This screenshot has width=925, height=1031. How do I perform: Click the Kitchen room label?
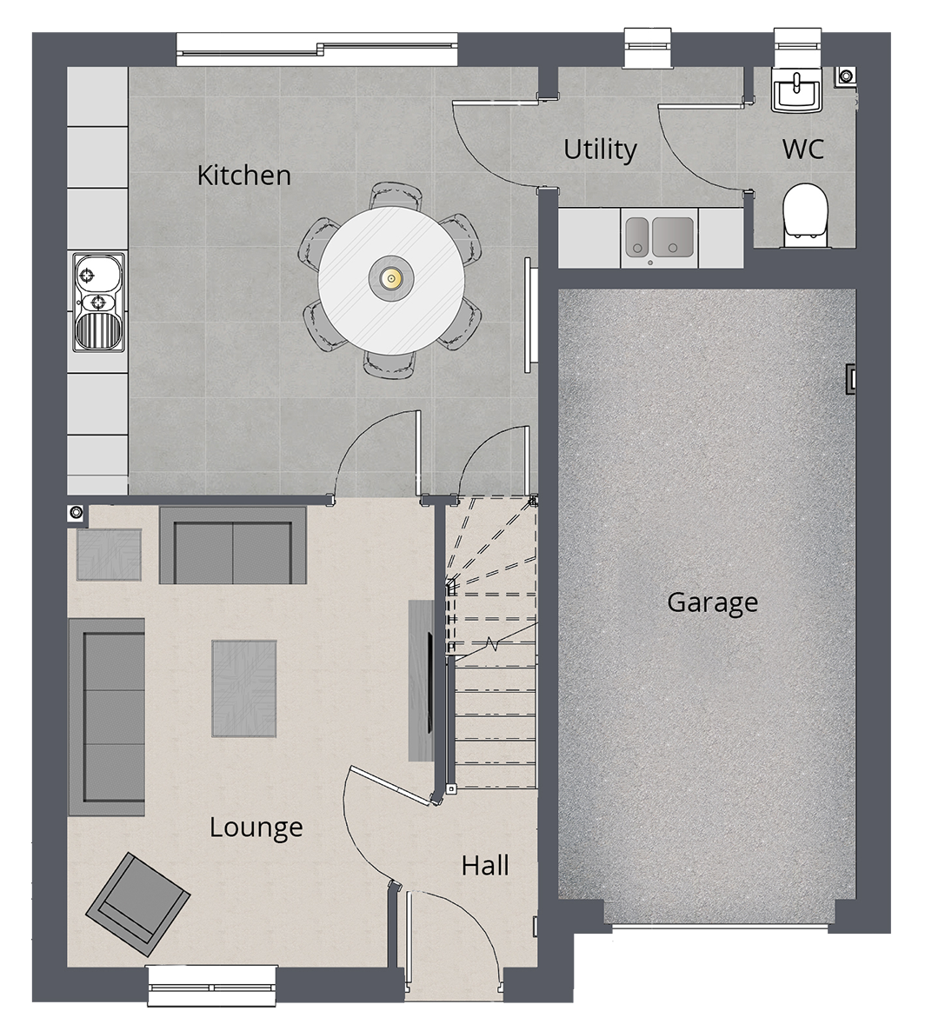click(x=244, y=175)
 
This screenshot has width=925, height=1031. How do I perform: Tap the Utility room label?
click(x=600, y=150)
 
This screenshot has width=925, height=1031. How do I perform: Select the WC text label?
click(x=802, y=150)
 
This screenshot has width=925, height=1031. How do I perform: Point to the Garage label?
click(x=713, y=602)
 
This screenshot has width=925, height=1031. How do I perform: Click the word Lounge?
click(x=256, y=828)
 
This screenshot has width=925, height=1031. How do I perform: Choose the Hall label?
click(x=485, y=866)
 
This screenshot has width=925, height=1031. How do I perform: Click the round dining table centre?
click(x=392, y=279)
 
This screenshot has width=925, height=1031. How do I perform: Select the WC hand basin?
click(x=796, y=90)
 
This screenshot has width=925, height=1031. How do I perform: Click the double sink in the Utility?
click(x=659, y=237)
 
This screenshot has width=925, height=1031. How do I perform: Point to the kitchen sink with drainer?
click(x=98, y=302)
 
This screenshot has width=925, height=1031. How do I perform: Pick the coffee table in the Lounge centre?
click(x=244, y=688)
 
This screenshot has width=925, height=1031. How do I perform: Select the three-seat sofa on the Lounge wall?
click(x=107, y=716)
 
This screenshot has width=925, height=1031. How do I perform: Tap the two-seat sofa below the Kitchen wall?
click(x=233, y=545)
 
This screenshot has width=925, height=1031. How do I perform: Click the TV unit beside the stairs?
click(x=422, y=681)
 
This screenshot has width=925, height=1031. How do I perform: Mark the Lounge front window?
click(x=212, y=986)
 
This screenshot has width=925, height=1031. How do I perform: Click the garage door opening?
click(x=720, y=927)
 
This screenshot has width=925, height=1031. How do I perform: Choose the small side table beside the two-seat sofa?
click(x=110, y=555)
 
